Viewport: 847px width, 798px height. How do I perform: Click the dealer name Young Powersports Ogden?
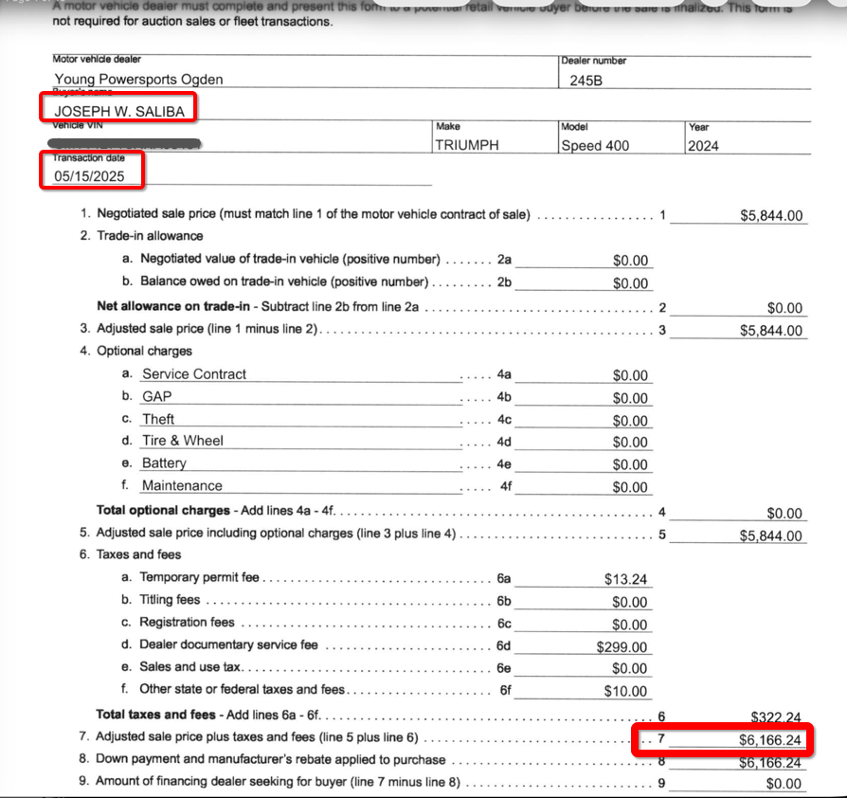point(139,80)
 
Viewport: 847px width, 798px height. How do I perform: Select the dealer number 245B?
point(586,80)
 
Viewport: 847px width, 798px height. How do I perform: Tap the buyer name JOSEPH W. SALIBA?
point(118,111)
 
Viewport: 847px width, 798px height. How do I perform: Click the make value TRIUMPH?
point(466,145)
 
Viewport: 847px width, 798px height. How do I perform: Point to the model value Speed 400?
point(595,145)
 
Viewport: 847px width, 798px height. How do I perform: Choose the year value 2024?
point(704,145)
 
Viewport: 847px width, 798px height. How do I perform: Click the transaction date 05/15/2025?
point(89,176)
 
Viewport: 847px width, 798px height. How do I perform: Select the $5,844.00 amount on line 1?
point(771,216)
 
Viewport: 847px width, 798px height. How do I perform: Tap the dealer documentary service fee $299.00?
point(622,647)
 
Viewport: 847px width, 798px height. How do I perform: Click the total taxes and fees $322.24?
point(776,717)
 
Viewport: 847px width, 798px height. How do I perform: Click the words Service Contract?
point(194,374)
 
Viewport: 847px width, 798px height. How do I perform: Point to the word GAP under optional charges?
point(157,397)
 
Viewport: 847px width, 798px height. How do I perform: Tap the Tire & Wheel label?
point(183,441)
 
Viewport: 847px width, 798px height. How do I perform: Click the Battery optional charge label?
point(164,463)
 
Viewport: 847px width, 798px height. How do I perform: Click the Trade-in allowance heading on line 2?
point(150,235)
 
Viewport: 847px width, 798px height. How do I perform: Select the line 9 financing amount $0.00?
point(785,784)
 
